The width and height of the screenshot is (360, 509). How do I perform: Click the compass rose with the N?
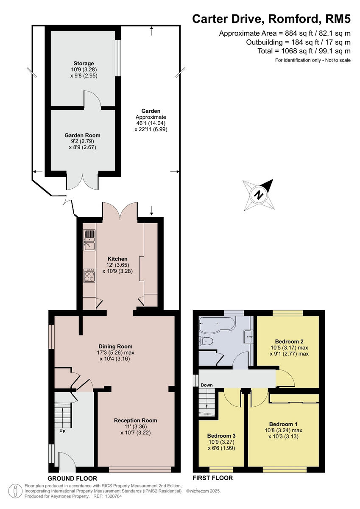[257, 195]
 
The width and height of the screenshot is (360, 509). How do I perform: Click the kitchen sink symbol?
[90, 240]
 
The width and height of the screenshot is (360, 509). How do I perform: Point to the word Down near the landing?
[207, 385]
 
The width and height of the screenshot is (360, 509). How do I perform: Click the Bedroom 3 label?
[221, 436]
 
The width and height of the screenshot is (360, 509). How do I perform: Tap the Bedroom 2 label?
[289, 341]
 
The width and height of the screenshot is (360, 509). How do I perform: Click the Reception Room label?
[135, 420]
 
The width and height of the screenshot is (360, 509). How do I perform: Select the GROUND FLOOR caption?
[73, 478]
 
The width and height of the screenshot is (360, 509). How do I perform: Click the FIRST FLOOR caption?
[212, 478]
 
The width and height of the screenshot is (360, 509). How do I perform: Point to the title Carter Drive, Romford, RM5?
[271, 19]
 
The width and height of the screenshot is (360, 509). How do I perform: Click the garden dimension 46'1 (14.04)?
[151, 123]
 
